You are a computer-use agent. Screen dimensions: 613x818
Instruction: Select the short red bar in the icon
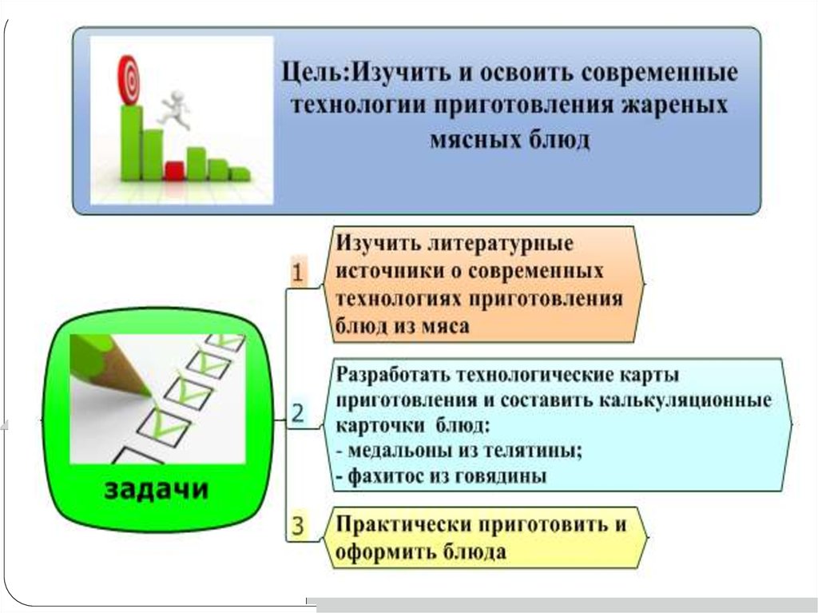tap(173, 169)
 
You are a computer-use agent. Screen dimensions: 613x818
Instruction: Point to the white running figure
tap(174, 110)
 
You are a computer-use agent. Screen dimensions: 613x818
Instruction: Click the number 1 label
tap(296, 274)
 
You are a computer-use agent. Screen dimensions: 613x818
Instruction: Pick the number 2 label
tap(296, 414)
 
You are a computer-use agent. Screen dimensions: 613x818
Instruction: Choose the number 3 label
tap(297, 526)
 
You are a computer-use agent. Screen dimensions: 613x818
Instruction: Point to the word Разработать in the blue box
tap(391, 374)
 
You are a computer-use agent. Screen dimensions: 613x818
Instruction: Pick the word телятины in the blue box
tap(532, 450)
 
